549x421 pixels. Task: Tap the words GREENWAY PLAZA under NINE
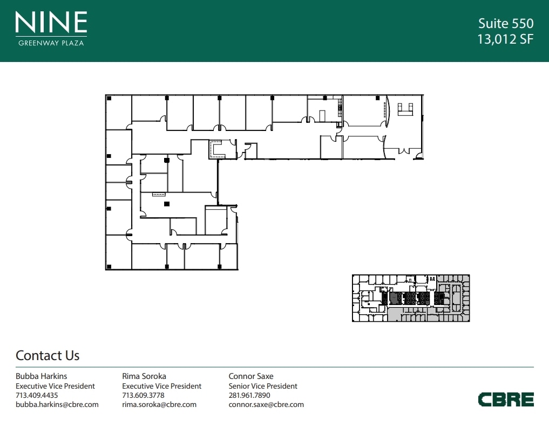pos(51,43)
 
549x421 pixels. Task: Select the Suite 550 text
pos(506,23)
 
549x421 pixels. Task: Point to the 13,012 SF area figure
pos(506,39)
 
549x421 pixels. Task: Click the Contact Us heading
pos(48,355)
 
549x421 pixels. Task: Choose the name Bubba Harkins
pos(42,376)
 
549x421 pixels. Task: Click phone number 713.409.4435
pos(37,395)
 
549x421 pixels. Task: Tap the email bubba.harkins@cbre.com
pos(57,405)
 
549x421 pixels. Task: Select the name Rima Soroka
pos(144,376)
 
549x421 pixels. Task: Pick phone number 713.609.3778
pos(143,395)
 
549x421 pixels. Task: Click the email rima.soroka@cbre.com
pos(159,405)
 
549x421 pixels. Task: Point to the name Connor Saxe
pos(251,376)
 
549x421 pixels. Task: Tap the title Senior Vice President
pos(263,386)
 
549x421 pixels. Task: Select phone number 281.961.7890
pos(249,395)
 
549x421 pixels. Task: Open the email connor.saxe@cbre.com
pos(266,405)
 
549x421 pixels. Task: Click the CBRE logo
pos(506,399)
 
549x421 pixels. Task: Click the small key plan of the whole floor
pos(411,298)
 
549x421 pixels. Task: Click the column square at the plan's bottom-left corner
pos(109,267)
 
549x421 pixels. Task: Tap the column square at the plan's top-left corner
pos(109,98)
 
